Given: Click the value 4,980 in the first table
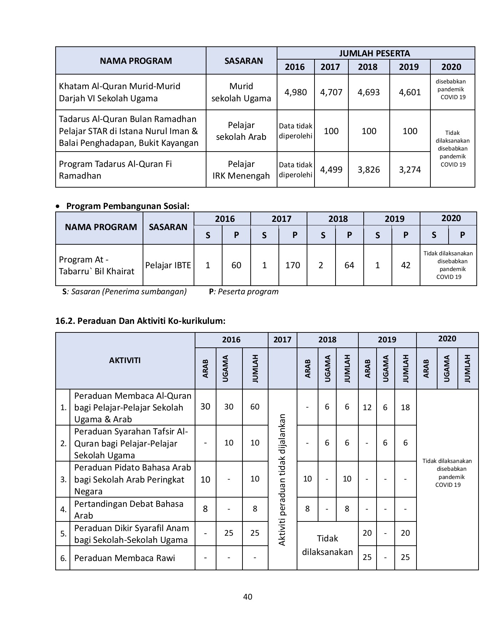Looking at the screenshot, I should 296,92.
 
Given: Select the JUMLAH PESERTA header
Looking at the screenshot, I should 374,53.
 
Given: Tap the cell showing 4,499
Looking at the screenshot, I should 331,170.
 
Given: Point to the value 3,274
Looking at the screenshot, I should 410,170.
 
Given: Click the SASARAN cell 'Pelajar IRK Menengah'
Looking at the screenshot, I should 241,170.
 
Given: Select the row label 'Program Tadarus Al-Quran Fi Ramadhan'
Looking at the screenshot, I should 115,170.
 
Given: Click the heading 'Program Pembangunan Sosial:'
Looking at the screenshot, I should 128,206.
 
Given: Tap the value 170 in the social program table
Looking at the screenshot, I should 292,265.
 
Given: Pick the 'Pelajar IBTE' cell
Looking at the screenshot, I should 168,265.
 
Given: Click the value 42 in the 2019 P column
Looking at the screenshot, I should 405,265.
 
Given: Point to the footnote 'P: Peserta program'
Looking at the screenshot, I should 244,292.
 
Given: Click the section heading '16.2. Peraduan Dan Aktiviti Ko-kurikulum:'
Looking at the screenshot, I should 140,321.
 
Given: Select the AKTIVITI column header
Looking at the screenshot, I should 125,360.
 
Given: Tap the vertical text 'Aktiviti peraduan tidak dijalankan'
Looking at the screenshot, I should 282,480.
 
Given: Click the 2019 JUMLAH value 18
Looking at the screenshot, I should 405,407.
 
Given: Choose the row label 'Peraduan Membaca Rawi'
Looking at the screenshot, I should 124,558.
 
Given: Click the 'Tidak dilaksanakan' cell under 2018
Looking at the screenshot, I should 327,545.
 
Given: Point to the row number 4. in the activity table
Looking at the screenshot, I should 63,510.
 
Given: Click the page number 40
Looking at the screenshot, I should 247,597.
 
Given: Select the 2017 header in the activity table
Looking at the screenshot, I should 282,340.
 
